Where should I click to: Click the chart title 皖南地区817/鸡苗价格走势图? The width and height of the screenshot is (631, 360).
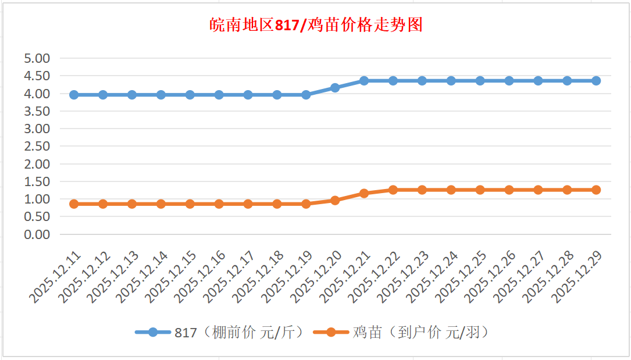pyautogui.click(x=316, y=26)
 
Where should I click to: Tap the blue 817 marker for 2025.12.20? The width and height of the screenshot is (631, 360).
pyautogui.click(x=335, y=88)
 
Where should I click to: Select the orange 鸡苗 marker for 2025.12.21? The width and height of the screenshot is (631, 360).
pyautogui.click(x=364, y=193)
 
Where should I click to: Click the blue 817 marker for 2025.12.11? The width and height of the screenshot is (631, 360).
pyautogui.click(x=74, y=95)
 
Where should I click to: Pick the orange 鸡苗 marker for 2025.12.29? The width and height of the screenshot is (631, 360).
pyautogui.click(x=596, y=190)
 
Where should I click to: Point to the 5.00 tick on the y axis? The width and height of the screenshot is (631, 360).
pyautogui.click(x=37, y=58)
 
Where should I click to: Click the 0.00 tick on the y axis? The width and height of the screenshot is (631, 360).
pyautogui.click(x=37, y=234)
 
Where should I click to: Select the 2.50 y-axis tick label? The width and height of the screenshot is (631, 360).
pyautogui.click(x=37, y=146)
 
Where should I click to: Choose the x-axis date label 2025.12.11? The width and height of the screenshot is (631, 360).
pyautogui.click(x=55, y=277)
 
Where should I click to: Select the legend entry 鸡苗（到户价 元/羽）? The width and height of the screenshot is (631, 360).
pyautogui.click(x=401, y=332)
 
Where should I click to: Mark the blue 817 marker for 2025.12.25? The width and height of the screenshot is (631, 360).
pyautogui.click(x=480, y=81)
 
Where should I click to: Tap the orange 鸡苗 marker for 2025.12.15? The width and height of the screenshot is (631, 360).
pyautogui.click(x=190, y=204)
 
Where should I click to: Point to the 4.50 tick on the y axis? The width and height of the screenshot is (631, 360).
pyautogui.click(x=37, y=76)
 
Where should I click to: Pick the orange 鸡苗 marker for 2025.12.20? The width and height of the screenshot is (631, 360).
pyautogui.click(x=335, y=200)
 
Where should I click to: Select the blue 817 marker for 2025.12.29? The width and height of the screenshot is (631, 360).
pyautogui.click(x=596, y=81)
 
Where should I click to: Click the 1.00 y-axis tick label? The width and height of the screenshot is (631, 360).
pyautogui.click(x=37, y=199)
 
